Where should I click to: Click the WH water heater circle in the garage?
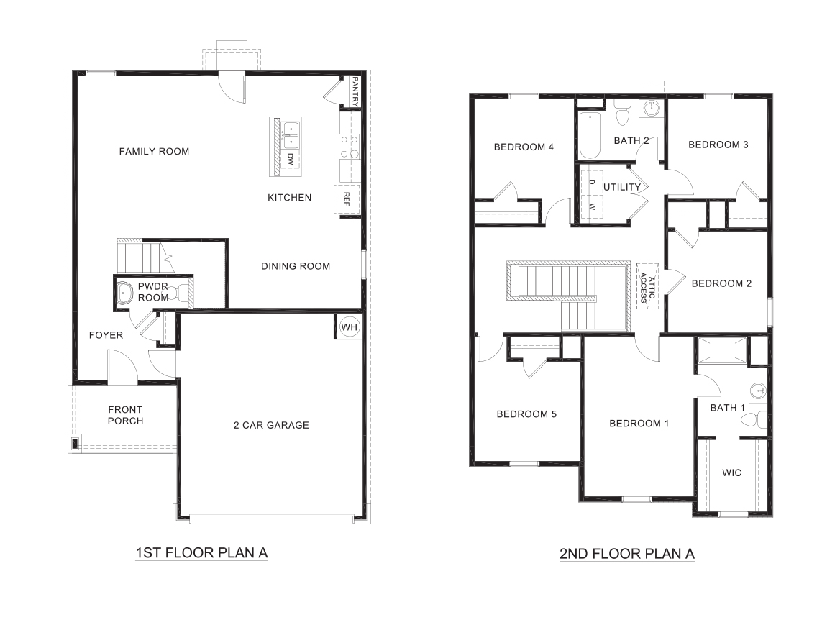point(350,327)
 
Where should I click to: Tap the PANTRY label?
point(355,91)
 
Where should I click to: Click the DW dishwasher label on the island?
point(291,160)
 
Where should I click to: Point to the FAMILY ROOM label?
point(154,151)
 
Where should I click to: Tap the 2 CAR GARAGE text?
point(271,425)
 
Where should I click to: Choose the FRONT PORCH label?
point(125,415)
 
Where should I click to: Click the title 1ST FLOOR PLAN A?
point(201,553)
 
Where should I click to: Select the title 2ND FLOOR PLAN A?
point(626,554)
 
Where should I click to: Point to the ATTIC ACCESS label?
point(648,287)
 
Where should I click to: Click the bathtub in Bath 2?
point(588,135)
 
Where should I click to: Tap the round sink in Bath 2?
point(652,109)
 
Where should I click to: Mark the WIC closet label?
point(731,473)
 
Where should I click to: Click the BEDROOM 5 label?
point(526,414)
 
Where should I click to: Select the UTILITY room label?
point(622,187)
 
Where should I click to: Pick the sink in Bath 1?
point(757,391)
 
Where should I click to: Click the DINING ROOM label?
point(296,266)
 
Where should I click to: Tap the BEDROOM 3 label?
point(718,145)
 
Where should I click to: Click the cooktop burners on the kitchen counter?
point(350,146)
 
